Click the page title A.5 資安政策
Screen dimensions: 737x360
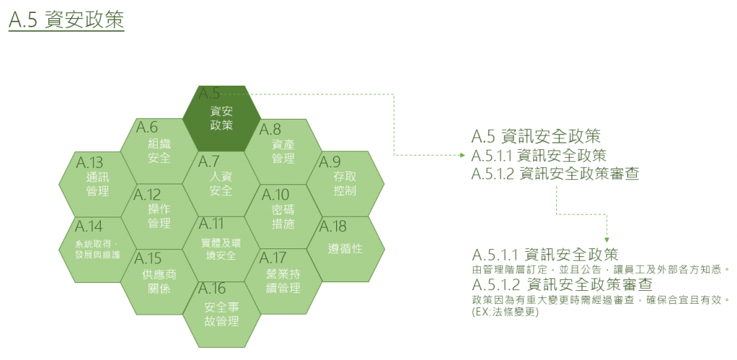coord(67,19)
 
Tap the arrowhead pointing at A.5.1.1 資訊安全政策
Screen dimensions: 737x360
coord(461,155)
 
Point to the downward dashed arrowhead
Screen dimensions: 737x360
coord(607,238)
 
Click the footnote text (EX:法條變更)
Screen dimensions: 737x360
coord(506,312)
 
